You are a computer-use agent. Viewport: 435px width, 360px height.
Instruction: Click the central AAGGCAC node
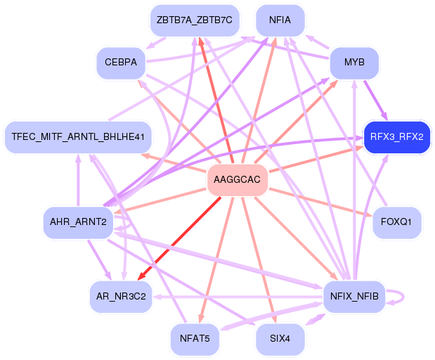tap(236, 181)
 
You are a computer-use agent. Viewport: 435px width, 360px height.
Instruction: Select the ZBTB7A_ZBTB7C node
tap(195, 20)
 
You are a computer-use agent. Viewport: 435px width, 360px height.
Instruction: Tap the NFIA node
tap(280, 20)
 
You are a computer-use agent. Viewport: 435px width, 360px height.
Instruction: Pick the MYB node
tap(354, 63)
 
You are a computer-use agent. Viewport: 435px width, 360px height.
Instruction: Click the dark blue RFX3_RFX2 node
tap(396, 136)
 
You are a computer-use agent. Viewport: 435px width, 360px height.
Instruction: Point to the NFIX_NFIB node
tap(354, 296)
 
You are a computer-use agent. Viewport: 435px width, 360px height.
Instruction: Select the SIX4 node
tap(280, 339)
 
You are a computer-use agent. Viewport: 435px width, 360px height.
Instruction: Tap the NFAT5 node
tap(195, 339)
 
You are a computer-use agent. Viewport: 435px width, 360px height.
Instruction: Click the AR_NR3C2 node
tap(121, 296)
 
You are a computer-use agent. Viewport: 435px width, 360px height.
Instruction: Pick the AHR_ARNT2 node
tap(78, 222)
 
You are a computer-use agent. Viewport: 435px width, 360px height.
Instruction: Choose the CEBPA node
tap(121, 63)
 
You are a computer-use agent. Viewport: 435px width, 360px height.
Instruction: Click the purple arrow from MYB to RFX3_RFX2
tap(375, 98)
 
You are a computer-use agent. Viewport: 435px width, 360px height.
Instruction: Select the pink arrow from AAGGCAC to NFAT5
tap(215, 260)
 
